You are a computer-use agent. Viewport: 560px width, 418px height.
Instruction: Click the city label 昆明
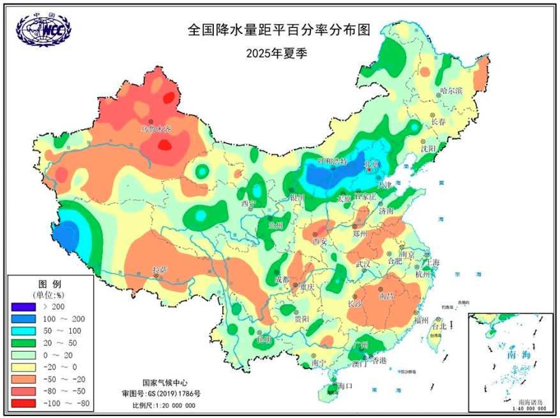(x=264, y=339)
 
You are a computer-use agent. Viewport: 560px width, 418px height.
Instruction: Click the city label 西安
(x=319, y=242)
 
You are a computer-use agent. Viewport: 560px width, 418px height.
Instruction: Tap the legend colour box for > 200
(x=24, y=307)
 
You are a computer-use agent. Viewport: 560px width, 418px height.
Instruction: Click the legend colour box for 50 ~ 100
(x=24, y=331)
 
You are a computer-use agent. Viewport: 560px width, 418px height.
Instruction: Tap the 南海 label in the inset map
(x=515, y=354)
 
